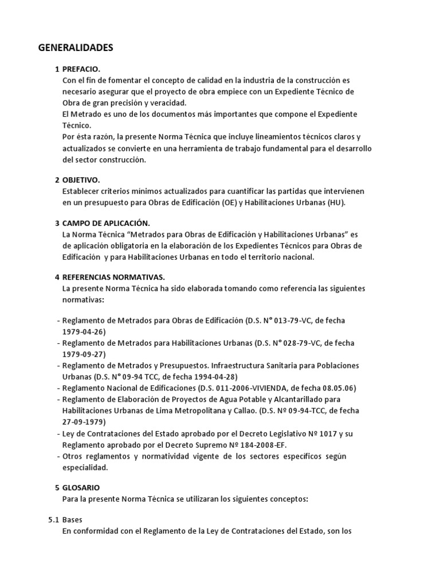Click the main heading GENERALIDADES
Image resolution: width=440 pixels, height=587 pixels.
76,48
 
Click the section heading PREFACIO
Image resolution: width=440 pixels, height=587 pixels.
81,69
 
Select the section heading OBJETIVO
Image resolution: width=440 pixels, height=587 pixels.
81,180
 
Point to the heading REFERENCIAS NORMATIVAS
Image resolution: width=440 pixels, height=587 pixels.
113,277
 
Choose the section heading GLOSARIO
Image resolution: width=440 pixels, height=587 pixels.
81,488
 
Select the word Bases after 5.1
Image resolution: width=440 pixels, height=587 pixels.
72,520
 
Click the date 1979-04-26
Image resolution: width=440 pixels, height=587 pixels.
84,332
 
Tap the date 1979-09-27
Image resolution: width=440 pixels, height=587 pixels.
84,354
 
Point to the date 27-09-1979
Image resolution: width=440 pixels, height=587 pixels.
85,422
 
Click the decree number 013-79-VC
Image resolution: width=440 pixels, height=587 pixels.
292,320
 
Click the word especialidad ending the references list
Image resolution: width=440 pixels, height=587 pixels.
85,467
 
